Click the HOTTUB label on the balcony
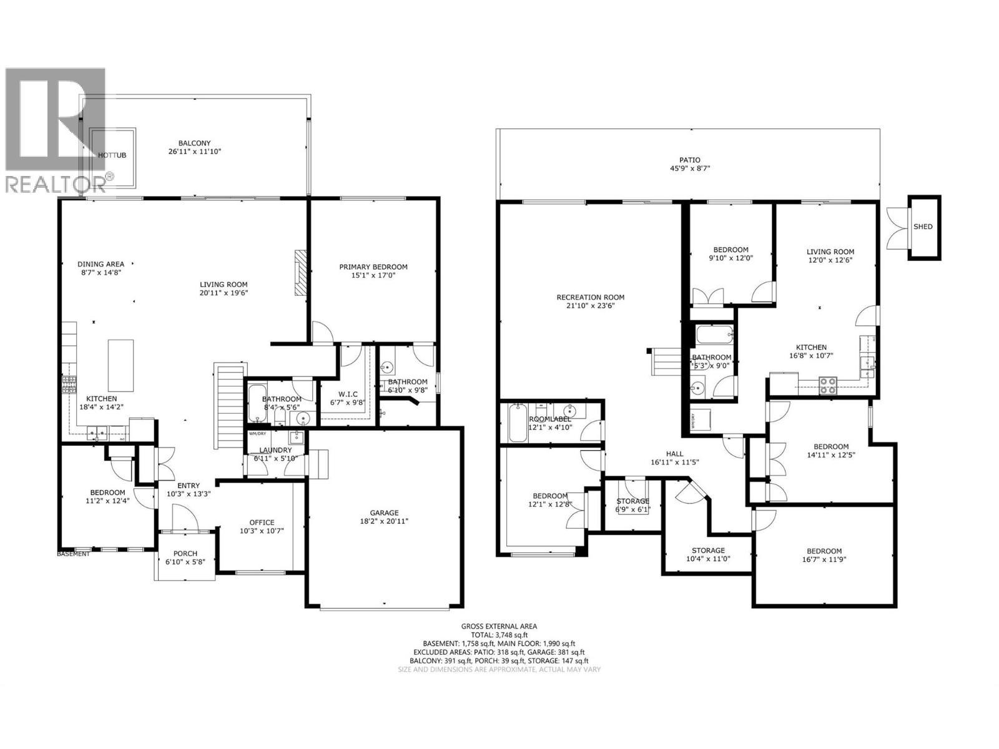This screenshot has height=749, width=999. (x=113, y=155)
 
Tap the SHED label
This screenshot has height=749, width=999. (x=923, y=227)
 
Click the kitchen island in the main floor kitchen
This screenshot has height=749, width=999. (x=121, y=365)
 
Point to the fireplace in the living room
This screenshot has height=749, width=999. (x=302, y=272)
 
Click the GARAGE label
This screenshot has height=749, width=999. (x=383, y=513)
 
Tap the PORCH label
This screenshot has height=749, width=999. (x=185, y=554)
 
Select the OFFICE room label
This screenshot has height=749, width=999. (x=262, y=522)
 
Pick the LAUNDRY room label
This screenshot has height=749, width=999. (x=275, y=450)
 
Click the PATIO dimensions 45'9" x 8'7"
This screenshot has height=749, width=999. (x=690, y=169)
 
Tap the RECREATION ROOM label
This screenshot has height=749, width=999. (x=590, y=297)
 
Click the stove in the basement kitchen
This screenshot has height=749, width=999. (x=828, y=385)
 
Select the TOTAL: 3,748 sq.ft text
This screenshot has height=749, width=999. (x=499, y=635)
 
